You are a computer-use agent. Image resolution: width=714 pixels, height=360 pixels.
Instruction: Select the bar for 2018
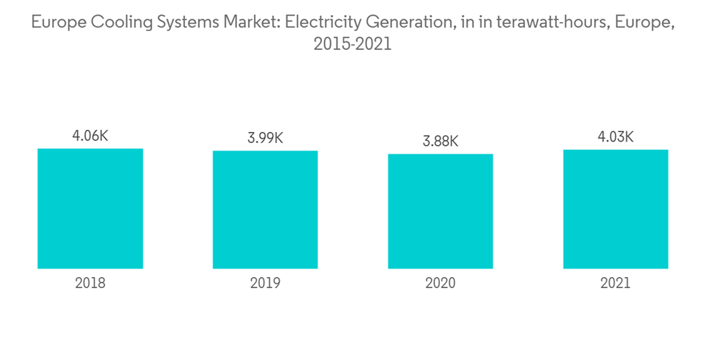click(x=90, y=209)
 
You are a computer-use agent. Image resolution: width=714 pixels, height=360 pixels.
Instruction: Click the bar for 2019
click(x=265, y=209)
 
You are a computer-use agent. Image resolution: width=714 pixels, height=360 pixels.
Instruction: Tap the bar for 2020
click(x=441, y=211)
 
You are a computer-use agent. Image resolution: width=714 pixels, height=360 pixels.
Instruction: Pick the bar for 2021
click(x=615, y=209)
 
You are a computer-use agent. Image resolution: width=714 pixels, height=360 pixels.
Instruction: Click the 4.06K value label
click(x=90, y=136)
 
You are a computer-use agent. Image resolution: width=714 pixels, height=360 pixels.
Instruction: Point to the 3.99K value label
click(x=265, y=138)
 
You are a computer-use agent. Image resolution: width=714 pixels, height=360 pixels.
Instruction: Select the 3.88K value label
click(x=441, y=141)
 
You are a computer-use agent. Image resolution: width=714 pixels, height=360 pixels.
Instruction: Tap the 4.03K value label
click(x=615, y=136)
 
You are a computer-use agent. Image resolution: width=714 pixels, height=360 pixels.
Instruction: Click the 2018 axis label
click(x=90, y=283)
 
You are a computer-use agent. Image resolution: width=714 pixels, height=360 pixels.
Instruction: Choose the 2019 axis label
click(x=265, y=283)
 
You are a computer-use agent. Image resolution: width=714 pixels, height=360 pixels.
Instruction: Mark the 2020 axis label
click(x=441, y=283)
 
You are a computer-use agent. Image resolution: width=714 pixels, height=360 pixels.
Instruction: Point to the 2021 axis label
click(x=615, y=283)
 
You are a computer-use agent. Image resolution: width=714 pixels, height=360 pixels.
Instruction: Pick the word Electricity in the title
click(x=318, y=23)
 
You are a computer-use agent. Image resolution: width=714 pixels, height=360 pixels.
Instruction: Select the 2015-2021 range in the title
click(x=352, y=44)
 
